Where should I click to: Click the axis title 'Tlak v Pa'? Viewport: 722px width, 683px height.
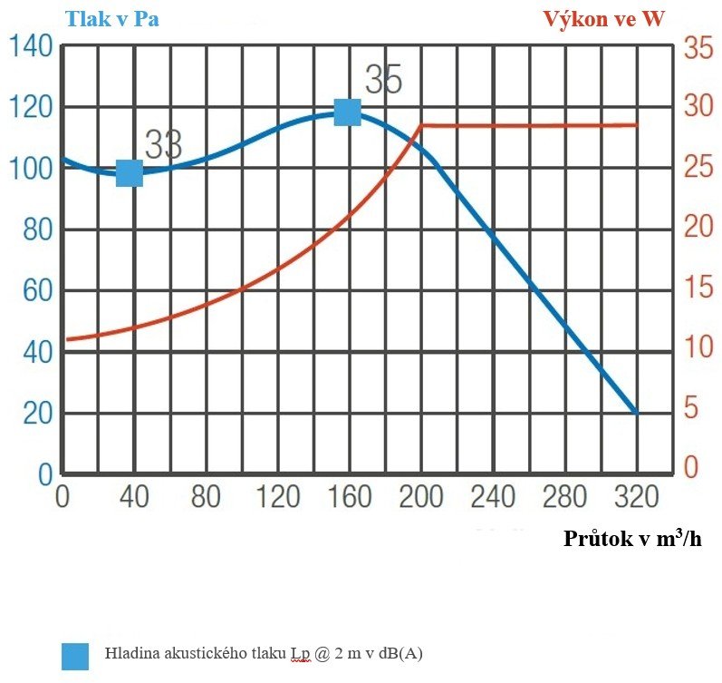pos(111,19)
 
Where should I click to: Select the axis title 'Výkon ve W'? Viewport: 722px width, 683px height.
pos(603,19)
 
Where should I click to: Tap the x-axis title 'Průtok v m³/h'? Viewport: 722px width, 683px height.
pos(632,539)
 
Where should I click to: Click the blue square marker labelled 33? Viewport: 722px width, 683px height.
pos(130,172)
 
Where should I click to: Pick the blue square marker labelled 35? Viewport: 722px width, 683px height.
pos(348,112)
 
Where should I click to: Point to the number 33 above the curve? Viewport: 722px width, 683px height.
pos(164,143)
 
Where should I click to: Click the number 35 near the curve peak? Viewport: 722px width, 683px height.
pos(383,81)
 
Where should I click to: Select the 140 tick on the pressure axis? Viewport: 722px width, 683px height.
pos(29,46)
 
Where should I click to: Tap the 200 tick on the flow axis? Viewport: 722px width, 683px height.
pos(421,497)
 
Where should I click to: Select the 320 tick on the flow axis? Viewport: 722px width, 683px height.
pos(637,497)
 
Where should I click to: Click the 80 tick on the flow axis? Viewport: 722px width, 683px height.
pos(207,497)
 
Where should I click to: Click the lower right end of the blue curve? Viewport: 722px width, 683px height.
pos(636,412)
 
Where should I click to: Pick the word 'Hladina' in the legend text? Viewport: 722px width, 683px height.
pos(131,653)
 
